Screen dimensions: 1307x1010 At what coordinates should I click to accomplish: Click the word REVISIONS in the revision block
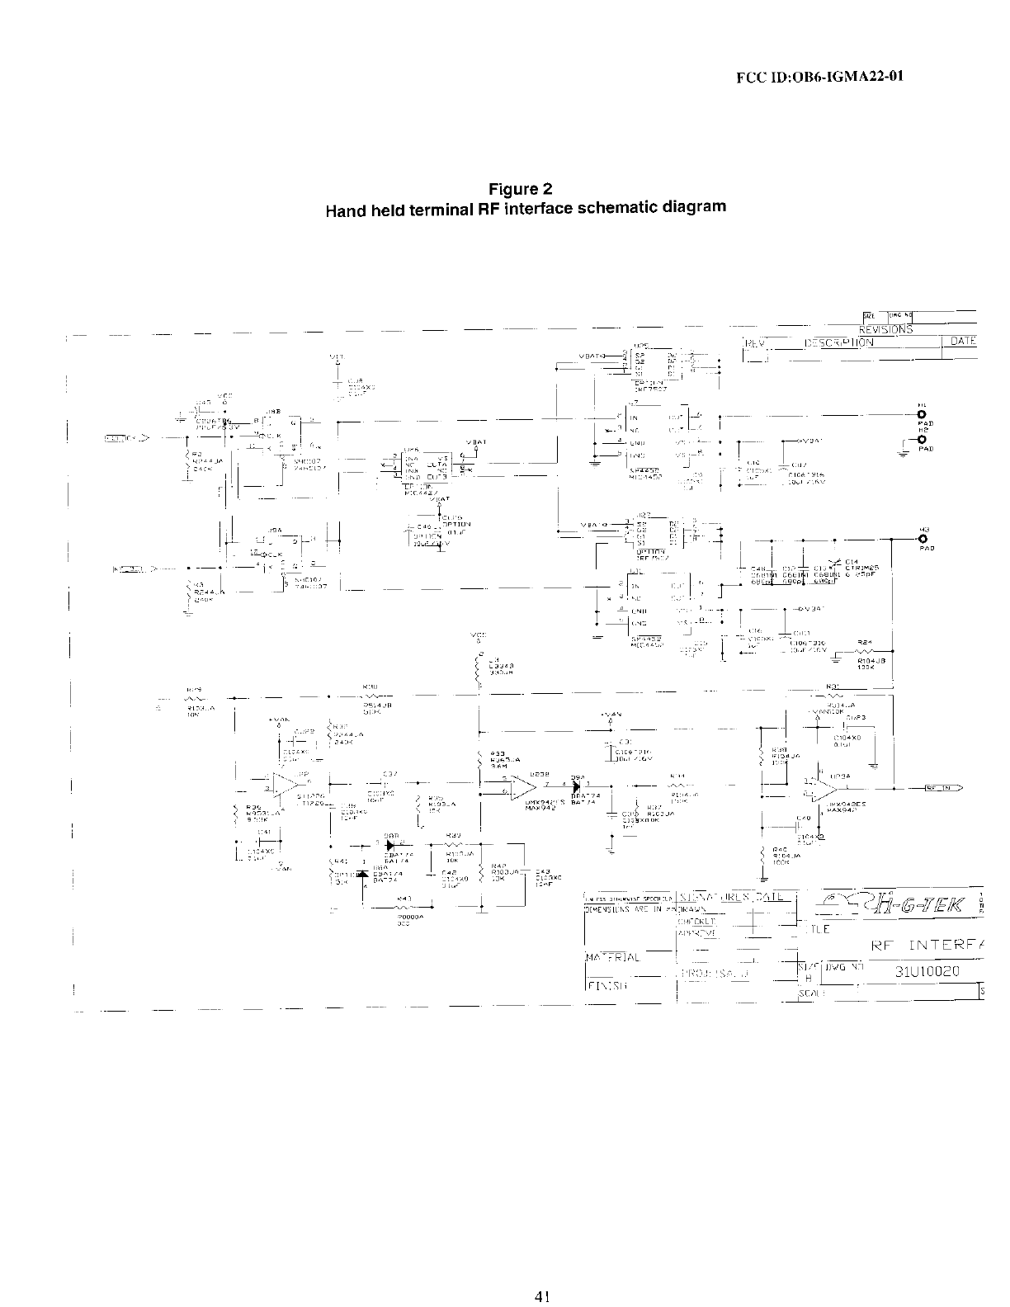click(x=885, y=329)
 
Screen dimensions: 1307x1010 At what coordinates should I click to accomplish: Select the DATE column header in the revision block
click(x=963, y=341)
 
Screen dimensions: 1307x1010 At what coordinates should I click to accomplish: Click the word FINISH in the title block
click(x=606, y=985)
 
